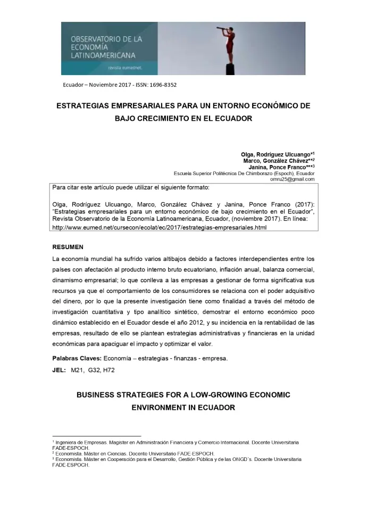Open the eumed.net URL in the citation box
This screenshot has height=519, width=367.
pos(159,227)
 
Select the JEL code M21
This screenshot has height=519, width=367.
pos(78,369)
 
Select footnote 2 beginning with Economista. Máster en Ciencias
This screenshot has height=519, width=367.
pos(133,453)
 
